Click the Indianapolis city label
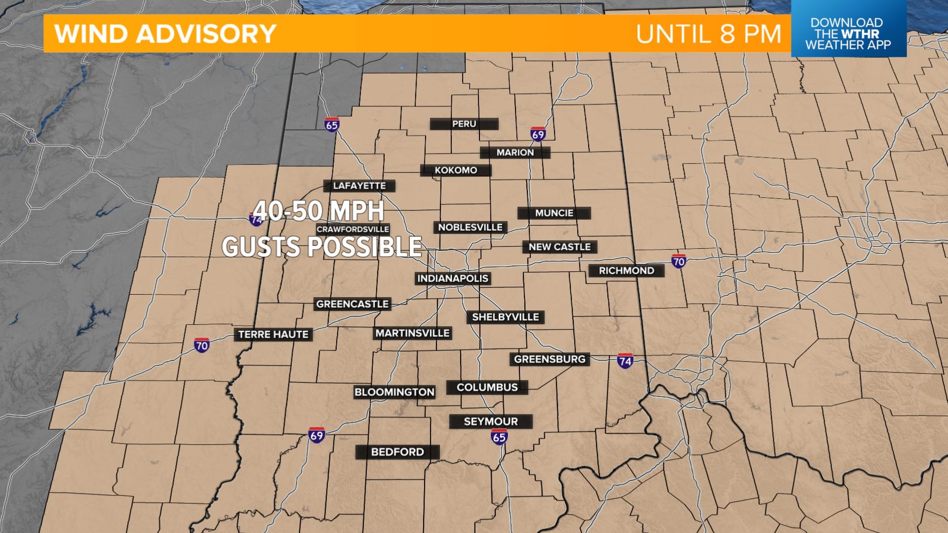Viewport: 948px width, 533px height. coord(453,278)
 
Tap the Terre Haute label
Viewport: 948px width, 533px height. coord(273,335)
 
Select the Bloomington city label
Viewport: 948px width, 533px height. coord(394,392)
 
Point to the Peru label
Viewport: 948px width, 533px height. coord(464,124)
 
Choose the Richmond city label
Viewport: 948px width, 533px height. coord(626,270)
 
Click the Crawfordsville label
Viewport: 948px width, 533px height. coord(353,229)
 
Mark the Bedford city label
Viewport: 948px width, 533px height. coord(397,452)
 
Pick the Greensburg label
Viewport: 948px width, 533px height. coord(550,359)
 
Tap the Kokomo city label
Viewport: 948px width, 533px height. coord(456,170)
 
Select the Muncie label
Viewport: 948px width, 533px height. coord(554,213)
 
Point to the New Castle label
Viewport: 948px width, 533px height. coord(559,247)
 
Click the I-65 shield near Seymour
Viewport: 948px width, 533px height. coord(499,436)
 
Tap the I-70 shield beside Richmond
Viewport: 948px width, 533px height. coord(679,261)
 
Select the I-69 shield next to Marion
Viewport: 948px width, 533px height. coord(538,134)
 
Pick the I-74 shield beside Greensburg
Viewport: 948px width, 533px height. coord(625,361)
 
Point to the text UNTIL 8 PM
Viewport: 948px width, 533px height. coord(709,34)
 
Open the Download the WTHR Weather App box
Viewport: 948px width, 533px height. coord(848,34)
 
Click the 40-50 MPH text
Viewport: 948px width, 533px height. coord(319,211)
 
